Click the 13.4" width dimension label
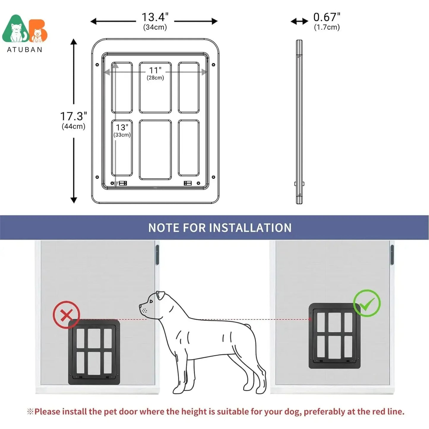point(155,17)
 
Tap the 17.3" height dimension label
point(74,116)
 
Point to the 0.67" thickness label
point(327,17)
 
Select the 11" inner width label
point(155,70)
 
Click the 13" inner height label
point(122,127)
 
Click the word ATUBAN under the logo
point(25,50)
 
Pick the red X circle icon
point(66,314)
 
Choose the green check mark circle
point(367,303)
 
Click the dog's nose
point(140,306)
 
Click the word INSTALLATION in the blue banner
point(250,228)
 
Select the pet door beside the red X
point(94,352)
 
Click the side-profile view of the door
point(299,122)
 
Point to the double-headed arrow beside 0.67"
point(299,21)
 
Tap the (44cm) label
point(74,126)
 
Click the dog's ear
point(161,295)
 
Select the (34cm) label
point(155,27)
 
